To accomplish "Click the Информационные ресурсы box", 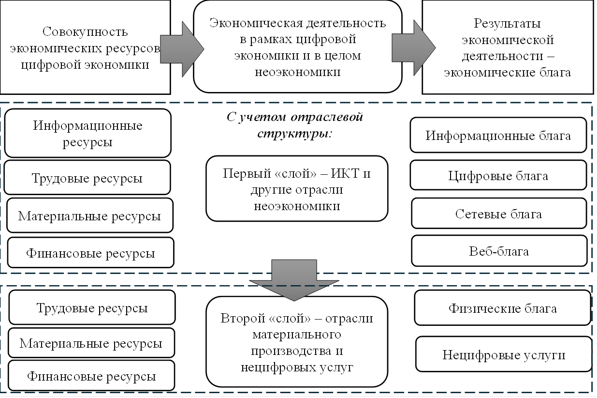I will tap(87, 134).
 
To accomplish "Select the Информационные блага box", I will tap(498, 135).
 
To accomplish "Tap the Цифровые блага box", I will tap(498, 175).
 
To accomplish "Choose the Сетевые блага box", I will tap(498, 214).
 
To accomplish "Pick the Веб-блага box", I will tap(498, 251).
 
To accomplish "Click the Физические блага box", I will tap(502, 308).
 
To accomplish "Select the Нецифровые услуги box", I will tap(504, 354).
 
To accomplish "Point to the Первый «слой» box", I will tap(297, 189).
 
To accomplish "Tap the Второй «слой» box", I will tap(297, 342).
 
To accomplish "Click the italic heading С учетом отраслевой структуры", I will tap(294, 125).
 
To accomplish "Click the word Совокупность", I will tap(85, 32).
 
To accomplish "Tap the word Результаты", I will tap(507, 23).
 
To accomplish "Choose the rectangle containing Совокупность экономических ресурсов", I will tap(85, 47).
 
